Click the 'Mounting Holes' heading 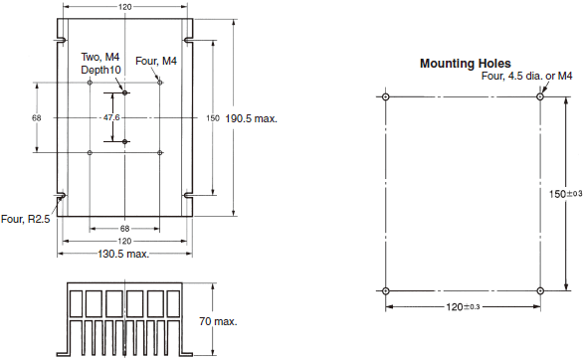click(466, 64)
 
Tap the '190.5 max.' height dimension click(252, 118)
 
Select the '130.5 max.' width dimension click(123, 255)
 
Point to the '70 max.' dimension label click(218, 321)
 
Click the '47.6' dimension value click(111, 117)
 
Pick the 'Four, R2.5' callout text click(25, 219)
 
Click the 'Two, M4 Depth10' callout click(100, 64)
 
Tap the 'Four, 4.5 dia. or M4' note click(527, 76)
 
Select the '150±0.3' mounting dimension click(565, 194)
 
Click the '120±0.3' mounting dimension click(463, 307)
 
